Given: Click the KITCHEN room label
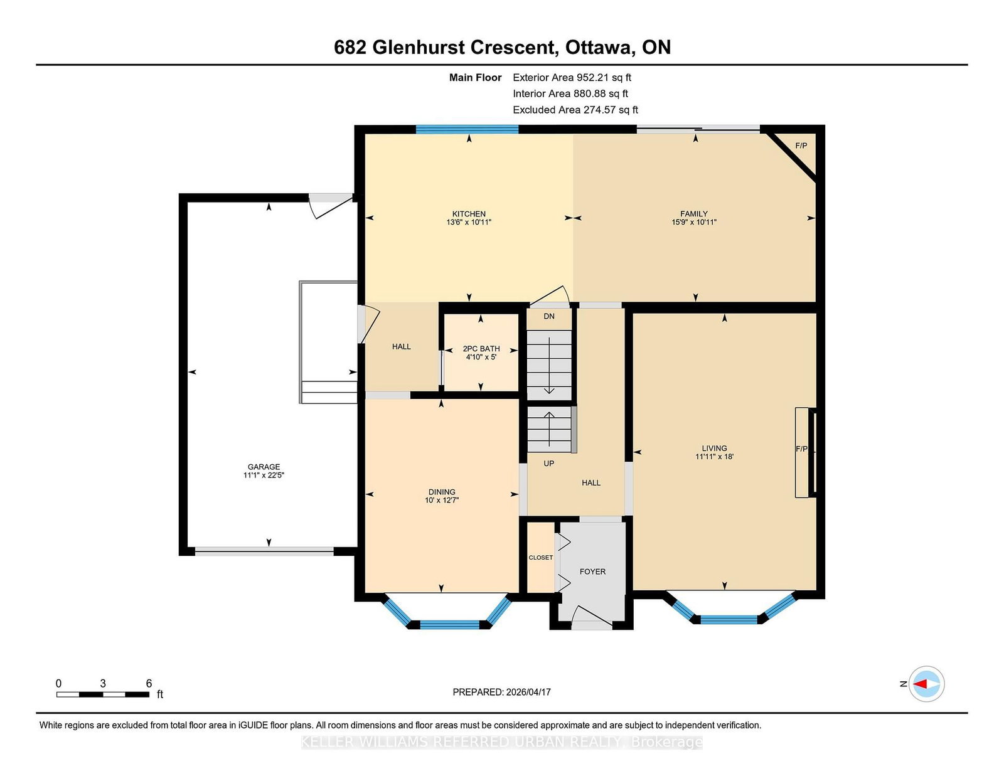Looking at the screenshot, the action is [x=469, y=214].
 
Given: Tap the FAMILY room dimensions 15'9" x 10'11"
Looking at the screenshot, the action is [x=693, y=222].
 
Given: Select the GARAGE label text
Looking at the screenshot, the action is [x=264, y=467].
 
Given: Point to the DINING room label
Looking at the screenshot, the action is [x=442, y=492].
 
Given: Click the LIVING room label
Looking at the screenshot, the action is [x=714, y=449].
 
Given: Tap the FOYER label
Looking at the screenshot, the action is [x=592, y=572].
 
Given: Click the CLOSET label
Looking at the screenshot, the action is [x=540, y=558].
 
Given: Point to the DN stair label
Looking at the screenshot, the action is [x=549, y=316].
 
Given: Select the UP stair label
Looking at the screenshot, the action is [x=549, y=464].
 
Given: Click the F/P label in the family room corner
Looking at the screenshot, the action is [x=801, y=146].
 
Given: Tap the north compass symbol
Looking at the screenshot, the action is [x=926, y=684].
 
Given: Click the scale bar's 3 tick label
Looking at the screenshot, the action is [x=102, y=684].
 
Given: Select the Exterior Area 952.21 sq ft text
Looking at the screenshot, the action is [x=572, y=78].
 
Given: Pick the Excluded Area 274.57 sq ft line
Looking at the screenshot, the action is [x=575, y=110].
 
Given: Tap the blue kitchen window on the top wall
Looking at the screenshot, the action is [x=467, y=129].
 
